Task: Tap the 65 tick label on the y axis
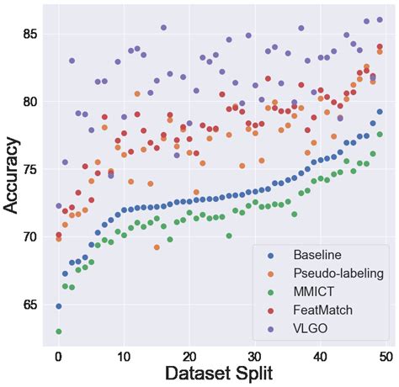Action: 29,304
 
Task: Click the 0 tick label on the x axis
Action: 58,356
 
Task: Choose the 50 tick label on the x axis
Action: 385,356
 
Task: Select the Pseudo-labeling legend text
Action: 338,273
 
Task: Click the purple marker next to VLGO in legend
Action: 271,329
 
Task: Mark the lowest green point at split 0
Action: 58,331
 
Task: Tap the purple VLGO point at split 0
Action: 58,205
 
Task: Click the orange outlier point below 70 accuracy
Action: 157,247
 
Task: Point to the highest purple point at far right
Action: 380,19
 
